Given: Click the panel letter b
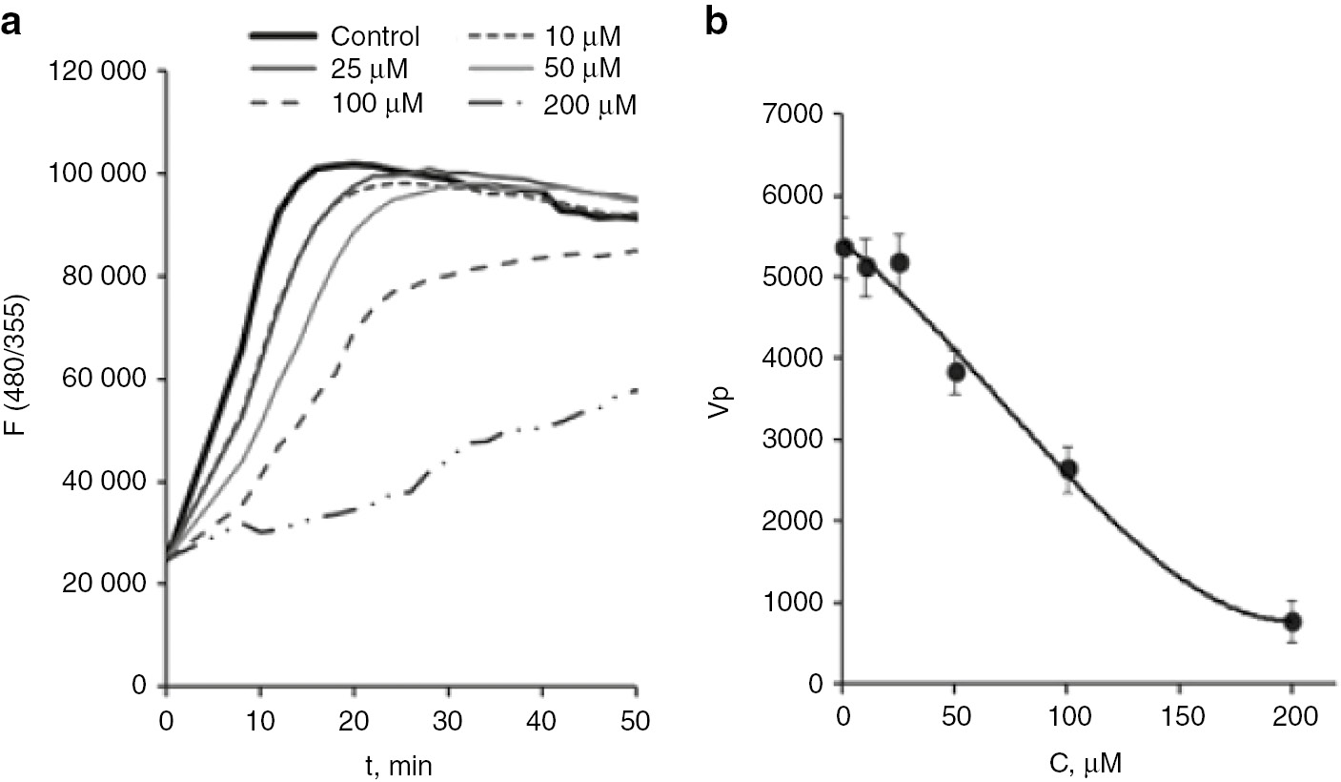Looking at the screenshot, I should pos(716,25).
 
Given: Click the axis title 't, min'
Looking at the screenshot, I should pos(401,763).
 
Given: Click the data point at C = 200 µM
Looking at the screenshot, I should pos(1292,622).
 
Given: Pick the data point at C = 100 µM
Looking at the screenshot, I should pos(1068,469).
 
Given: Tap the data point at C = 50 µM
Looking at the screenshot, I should pos(956,372).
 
